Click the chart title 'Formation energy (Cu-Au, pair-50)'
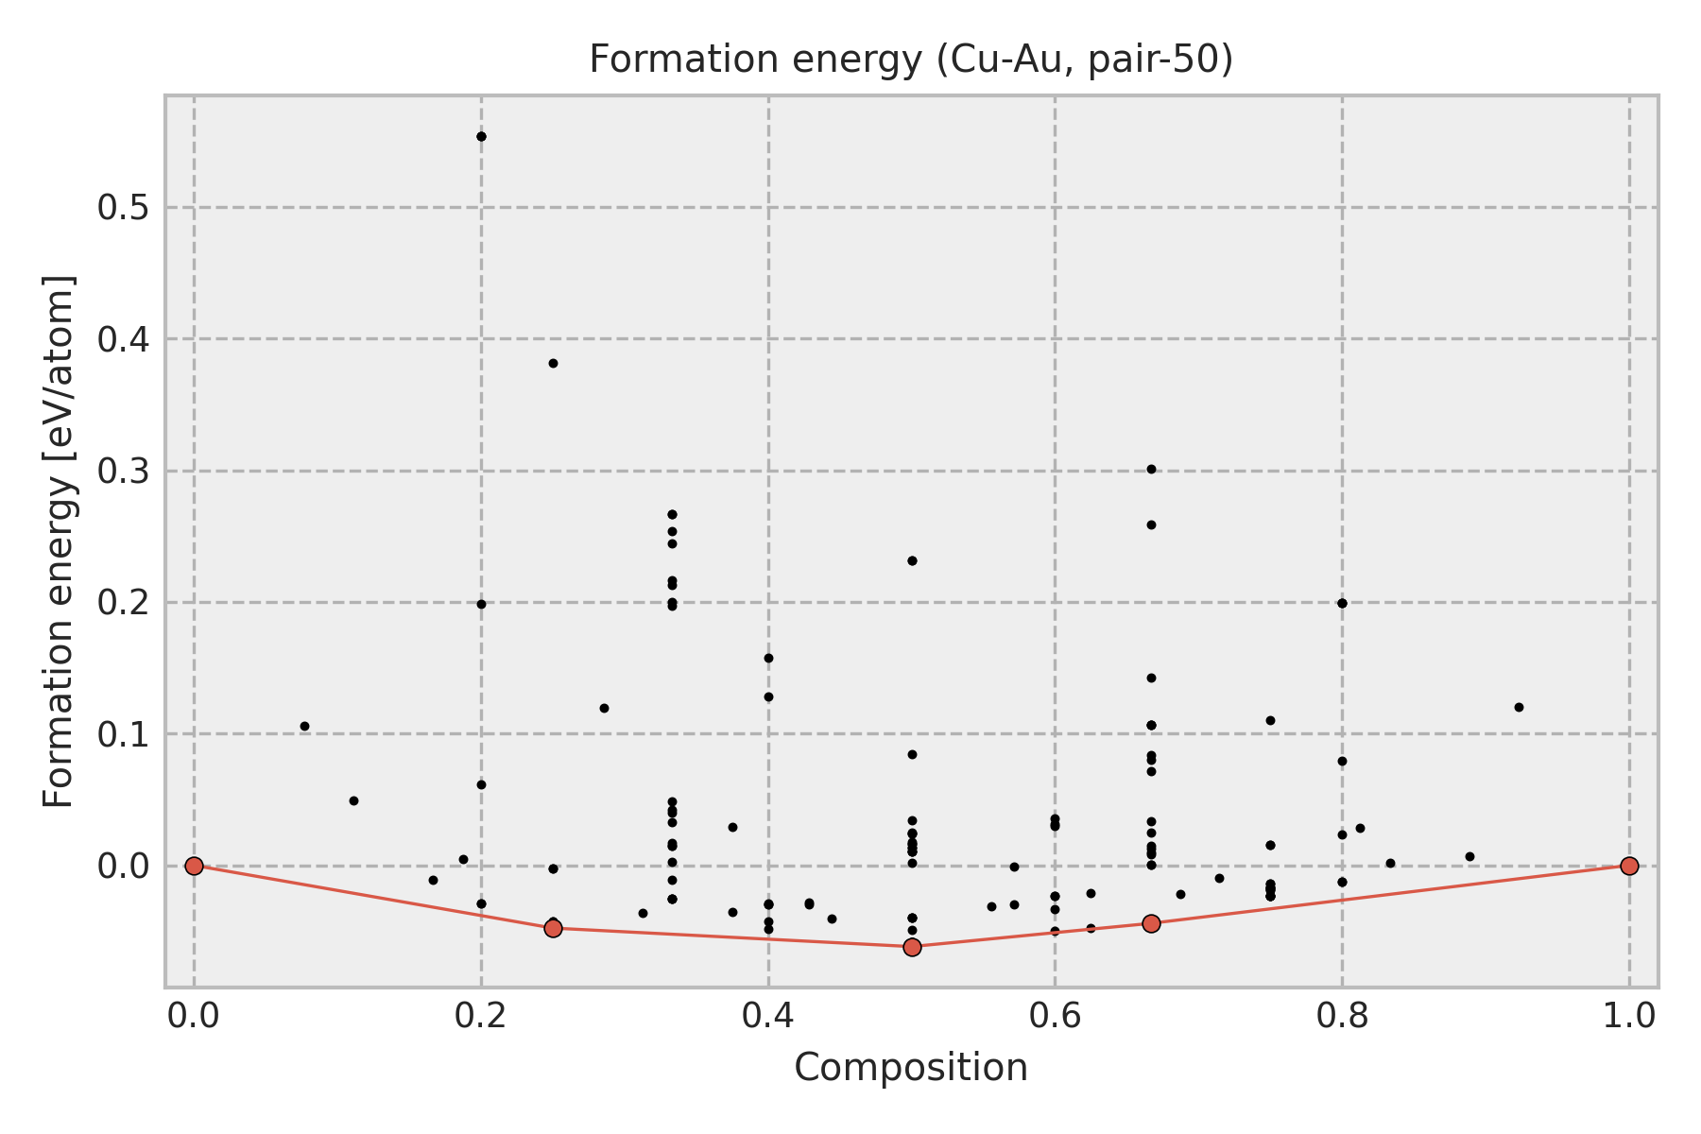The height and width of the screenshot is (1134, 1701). click(911, 60)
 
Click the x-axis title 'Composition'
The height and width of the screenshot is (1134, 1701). click(911, 1068)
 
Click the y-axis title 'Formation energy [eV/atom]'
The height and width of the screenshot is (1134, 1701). click(60, 541)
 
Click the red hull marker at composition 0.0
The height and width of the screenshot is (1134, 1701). click(194, 866)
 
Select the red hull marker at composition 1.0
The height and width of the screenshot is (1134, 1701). click(1629, 866)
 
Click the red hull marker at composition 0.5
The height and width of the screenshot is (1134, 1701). click(912, 947)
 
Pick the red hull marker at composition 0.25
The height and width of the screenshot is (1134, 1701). click(553, 928)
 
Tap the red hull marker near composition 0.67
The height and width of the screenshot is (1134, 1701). click(1151, 923)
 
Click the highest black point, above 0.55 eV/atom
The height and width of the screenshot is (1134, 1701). click(481, 136)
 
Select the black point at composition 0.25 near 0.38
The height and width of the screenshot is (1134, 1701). click(553, 363)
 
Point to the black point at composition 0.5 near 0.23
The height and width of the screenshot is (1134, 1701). click(912, 560)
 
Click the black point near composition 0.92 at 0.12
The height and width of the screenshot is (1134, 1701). click(1519, 707)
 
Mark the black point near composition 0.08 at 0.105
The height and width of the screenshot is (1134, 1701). click(304, 726)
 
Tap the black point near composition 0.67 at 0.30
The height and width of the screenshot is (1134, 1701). click(1151, 469)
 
